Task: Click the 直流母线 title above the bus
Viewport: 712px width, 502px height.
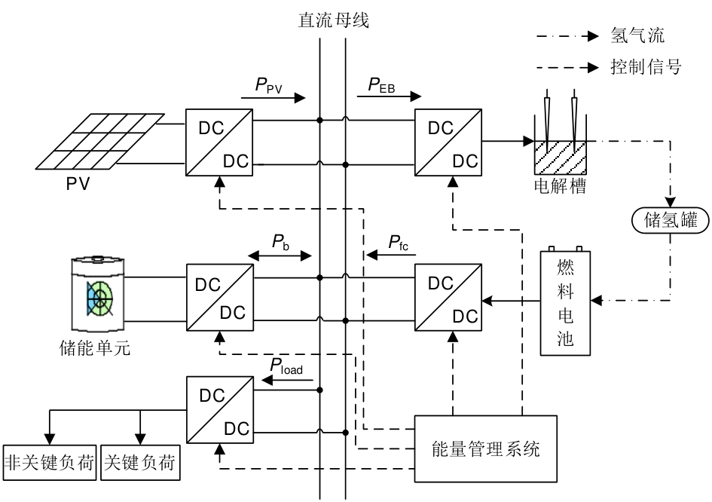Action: click(x=333, y=20)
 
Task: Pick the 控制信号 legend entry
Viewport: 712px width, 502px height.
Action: click(x=645, y=68)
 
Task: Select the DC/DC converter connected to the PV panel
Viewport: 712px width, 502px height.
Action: click(x=220, y=141)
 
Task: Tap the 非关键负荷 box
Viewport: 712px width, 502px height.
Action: click(x=50, y=462)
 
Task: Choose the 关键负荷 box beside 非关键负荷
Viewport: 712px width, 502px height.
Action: click(x=139, y=462)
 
